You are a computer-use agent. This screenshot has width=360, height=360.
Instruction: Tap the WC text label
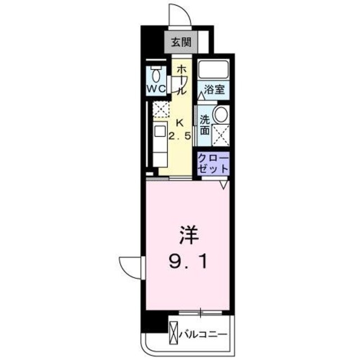(x=156, y=89)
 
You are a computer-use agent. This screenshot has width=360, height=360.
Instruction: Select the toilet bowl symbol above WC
(x=156, y=73)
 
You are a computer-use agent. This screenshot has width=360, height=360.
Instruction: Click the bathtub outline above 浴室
(x=213, y=69)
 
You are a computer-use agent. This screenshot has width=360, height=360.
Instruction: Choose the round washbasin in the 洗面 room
(x=220, y=115)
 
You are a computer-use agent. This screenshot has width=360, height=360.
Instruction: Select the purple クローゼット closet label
(x=213, y=163)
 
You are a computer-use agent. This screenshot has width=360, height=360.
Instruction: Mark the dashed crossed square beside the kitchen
(x=161, y=109)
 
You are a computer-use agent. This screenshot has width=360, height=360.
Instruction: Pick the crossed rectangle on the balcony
(x=173, y=331)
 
